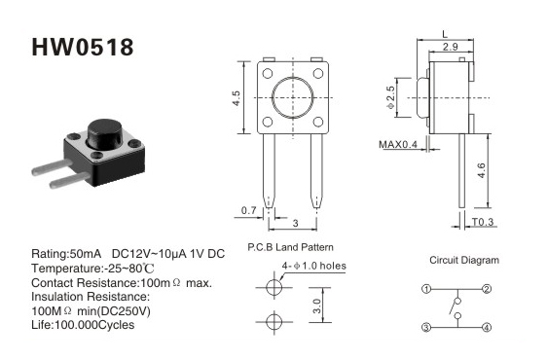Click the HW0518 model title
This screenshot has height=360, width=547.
pos(83,47)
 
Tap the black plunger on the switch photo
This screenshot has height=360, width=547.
pos(104,132)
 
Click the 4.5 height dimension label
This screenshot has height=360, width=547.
pos(237,98)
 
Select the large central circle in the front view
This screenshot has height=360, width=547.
pos(293,97)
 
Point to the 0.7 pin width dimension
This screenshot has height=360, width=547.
pos(249,210)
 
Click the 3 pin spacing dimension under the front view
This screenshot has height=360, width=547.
pos(296,223)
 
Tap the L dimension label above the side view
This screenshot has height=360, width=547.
pos(445,34)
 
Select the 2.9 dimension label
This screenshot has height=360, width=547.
pos(451,47)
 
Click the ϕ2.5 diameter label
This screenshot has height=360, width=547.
pos(390,97)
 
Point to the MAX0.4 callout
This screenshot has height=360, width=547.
pos(398,144)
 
